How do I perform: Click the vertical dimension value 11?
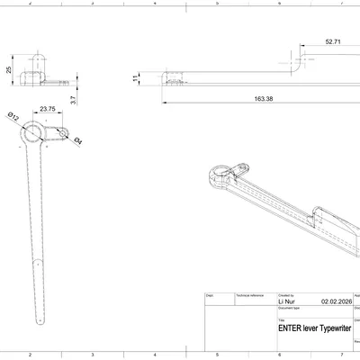click(x=136, y=79)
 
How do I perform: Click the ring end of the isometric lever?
click(x=219, y=172)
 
